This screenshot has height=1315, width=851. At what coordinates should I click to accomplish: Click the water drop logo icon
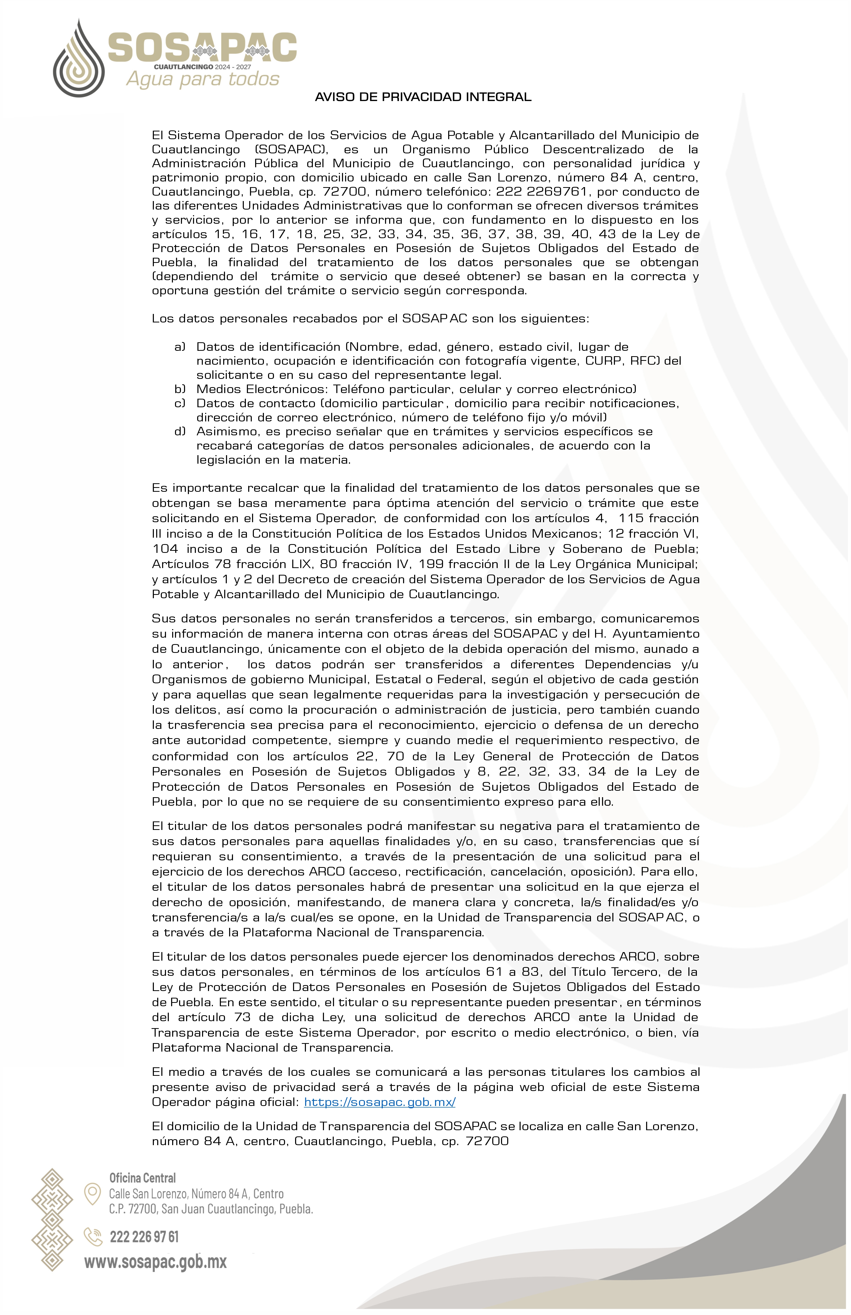tap(78, 60)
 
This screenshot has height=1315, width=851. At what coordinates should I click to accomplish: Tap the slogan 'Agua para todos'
tap(203, 79)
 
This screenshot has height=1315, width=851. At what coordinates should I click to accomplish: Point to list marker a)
tap(180, 347)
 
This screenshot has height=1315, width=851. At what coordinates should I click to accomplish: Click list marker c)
tap(180, 403)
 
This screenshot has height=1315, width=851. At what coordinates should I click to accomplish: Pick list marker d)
tap(180, 431)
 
